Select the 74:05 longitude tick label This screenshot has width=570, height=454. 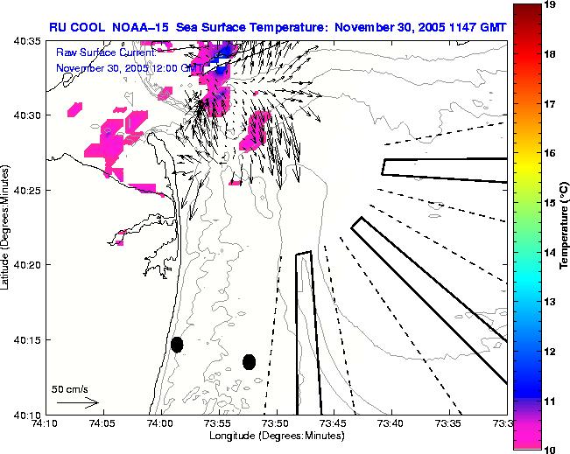point(102,424)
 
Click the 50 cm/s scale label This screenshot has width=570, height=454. point(69,389)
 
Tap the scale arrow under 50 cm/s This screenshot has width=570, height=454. point(78,403)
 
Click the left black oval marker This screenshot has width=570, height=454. point(177,345)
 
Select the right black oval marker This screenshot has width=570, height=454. point(250,361)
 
